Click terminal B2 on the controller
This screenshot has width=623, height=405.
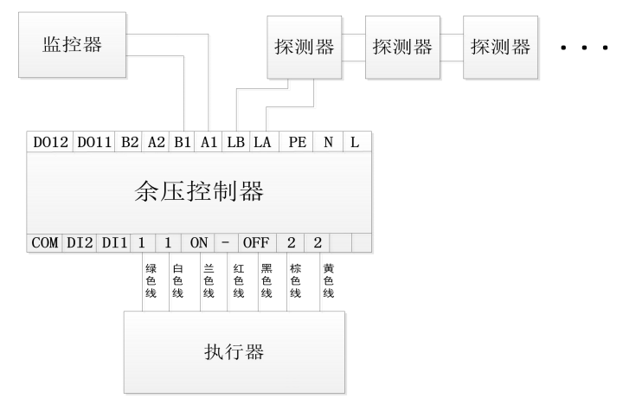129,144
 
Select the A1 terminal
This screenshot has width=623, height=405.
209,144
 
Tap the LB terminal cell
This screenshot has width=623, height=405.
235,144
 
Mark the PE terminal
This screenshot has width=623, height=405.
296,144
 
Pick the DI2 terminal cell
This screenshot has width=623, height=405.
80,243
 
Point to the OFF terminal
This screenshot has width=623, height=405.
255,243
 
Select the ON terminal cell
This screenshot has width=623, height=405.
199,243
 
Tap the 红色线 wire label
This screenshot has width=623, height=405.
237,281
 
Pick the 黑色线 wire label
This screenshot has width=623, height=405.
267,281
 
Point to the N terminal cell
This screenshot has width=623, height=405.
328,144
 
